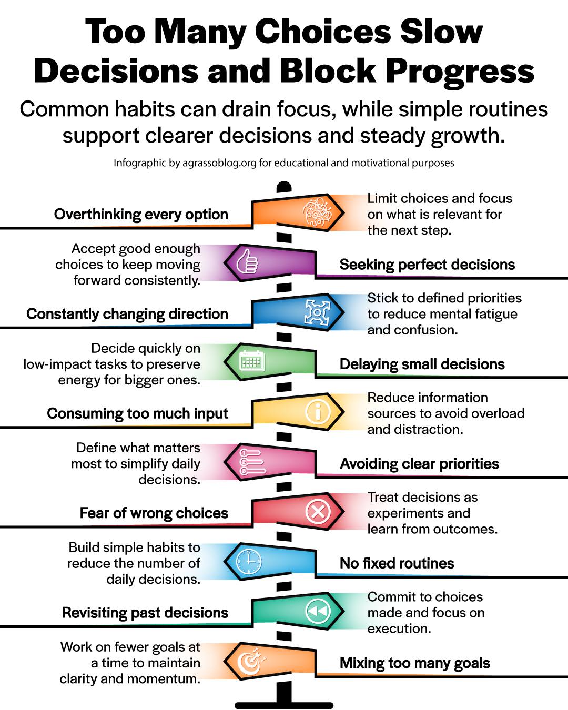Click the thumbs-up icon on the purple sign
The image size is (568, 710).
coord(248,261)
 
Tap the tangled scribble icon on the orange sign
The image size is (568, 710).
coord(317,212)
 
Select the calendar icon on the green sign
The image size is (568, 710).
coord(252,361)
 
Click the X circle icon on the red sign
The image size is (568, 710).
coord(318,511)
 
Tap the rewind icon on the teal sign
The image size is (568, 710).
coord(318,611)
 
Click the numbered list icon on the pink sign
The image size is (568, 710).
coord(252,462)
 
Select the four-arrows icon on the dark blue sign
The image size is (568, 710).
coord(317,312)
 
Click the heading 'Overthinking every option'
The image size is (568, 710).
coord(141,215)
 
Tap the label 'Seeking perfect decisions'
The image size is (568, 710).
coord(427,265)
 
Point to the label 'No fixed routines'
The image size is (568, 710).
coord(397,563)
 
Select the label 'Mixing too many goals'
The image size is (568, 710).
coord(415,663)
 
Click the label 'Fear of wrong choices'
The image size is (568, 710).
coord(154,513)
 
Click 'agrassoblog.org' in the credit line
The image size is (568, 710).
coord(219,163)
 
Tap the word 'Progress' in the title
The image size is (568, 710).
coord(460,71)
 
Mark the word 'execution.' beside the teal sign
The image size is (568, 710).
coord(399,629)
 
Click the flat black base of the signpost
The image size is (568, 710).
coord(284,705)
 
